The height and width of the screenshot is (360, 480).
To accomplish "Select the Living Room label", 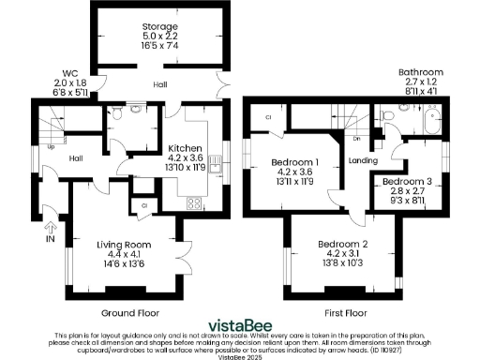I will click(x=125, y=245).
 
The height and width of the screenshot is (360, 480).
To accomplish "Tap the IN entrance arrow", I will click(x=50, y=231).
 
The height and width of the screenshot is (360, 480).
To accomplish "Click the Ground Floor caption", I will click(x=128, y=312).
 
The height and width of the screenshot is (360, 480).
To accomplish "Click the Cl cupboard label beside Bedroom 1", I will click(x=267, y=117).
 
